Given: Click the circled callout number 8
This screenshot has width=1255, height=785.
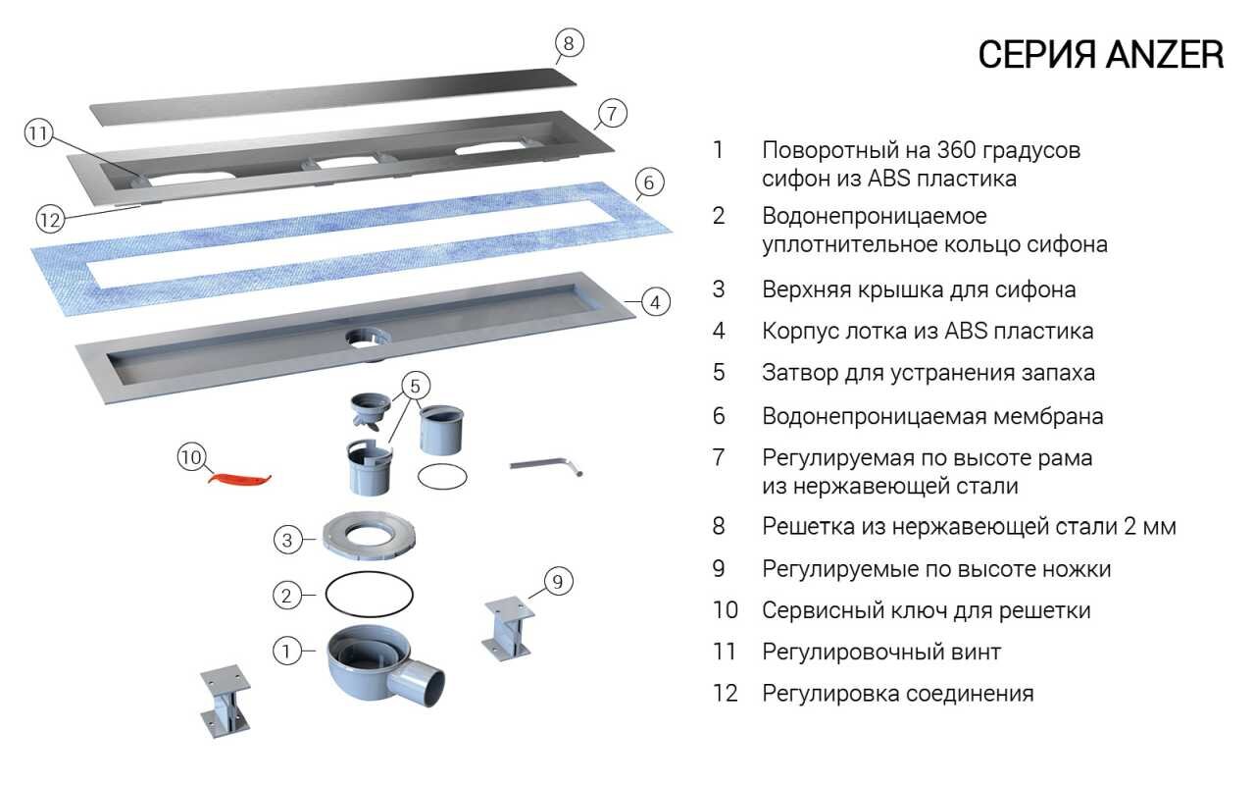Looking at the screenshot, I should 569,43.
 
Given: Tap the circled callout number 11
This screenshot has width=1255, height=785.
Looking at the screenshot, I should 38,135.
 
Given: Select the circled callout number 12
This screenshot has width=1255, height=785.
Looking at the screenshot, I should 50,218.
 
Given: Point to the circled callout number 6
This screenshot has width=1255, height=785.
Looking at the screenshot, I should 649,183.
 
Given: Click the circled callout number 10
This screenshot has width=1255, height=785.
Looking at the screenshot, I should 191,457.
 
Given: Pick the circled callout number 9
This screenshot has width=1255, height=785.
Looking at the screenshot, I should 557,582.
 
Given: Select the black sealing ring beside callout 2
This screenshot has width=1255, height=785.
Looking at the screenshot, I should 369,593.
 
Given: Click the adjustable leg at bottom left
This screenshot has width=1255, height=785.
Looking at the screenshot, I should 225,703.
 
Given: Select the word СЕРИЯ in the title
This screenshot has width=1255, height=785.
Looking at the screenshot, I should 1037,56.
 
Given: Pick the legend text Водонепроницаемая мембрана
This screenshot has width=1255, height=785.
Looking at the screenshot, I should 932,416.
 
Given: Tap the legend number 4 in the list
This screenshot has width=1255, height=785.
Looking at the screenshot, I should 719,332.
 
